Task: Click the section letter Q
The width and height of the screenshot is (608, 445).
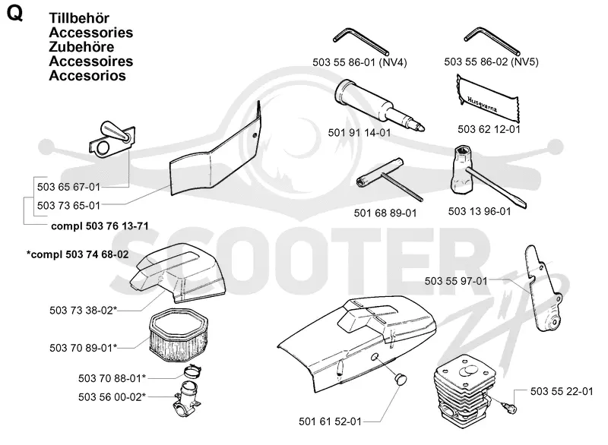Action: pos(14,14)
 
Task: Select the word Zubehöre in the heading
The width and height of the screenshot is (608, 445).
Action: pos(81,47)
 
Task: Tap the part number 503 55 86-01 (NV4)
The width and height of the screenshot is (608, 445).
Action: pos(359,62)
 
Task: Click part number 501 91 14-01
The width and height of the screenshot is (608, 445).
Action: pos(359,133)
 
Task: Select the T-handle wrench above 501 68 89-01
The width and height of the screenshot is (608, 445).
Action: pos(389,179)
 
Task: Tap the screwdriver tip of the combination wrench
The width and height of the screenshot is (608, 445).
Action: pos(524,205)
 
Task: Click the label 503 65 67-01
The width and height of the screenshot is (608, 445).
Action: pos(68,187)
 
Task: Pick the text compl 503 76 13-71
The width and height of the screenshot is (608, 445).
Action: pos(100,226)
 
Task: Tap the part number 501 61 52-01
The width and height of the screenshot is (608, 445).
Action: pos(330,421)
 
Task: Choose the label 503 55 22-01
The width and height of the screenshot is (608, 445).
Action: pos(562,392)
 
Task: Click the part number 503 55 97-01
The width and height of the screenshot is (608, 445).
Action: pos(455,281)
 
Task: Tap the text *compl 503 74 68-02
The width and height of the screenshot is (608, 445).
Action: pos(78,254)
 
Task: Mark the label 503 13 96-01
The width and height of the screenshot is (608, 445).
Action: pos(480,211)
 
